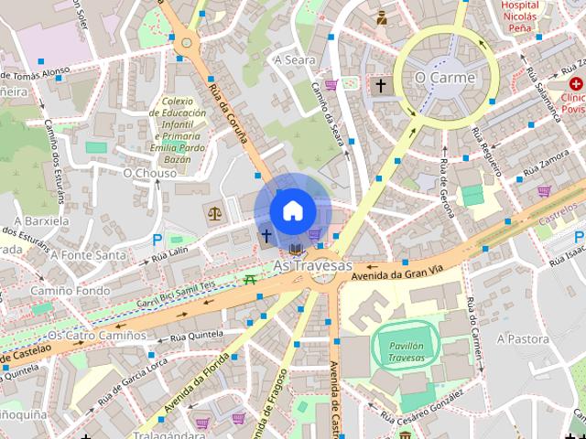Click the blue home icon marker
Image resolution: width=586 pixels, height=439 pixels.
[x=292, y=209]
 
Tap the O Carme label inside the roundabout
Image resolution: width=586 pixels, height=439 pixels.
[x=445, y=78]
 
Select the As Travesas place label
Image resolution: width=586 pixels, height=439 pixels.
[x=312, y=265]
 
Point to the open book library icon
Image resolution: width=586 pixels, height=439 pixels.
[x=294, y=249]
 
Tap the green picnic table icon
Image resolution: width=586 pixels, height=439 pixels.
[x=250, y=279]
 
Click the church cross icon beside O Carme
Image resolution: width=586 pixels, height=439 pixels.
[x=380, y=85]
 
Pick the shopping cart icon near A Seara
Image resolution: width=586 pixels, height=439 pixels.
[x=331, y=85]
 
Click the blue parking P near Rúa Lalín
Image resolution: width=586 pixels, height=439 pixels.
[x=157, y=240]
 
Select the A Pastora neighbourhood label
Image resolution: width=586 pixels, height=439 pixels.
[x=523, y=338]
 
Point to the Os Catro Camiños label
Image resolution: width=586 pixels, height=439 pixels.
[x=96, y=336]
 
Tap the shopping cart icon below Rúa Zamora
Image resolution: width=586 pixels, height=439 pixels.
[x=544, y=191]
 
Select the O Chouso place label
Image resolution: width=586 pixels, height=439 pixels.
[x=149, y=172]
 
